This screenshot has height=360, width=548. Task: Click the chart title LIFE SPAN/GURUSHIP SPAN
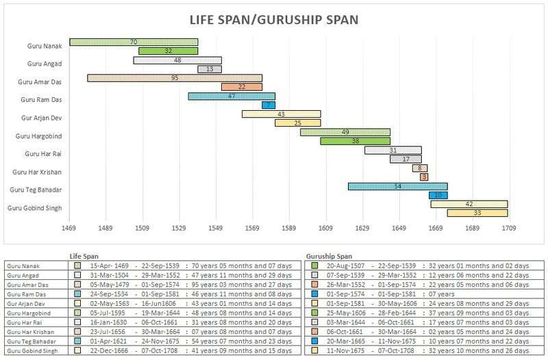click(x=274, y=18)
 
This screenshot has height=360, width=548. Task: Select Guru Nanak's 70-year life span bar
click(x=134, y=42)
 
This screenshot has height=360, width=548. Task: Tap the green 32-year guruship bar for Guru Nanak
click(x=168, y=51)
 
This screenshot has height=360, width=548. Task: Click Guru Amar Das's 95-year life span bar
click(x=175, y=78)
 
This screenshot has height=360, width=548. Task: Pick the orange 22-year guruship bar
click(x=242, y=87)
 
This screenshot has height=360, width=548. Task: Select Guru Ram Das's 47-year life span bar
click(x=232, y=97)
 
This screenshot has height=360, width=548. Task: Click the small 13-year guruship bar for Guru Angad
click(x=209, y=69)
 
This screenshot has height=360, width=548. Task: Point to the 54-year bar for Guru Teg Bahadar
click(x=397, y=186)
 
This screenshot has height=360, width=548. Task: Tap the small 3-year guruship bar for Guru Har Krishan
click(x=424, y=177)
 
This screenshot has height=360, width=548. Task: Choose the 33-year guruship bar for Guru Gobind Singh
click(x=477, y=213)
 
